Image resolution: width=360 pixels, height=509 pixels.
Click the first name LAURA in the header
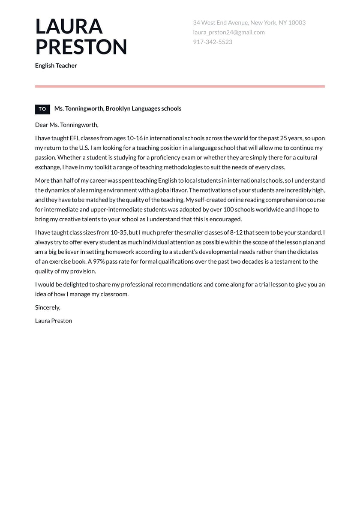pyautogui.click(x=69, y=27)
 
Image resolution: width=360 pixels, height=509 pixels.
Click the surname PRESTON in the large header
pyautogui.click(x=81, y=47)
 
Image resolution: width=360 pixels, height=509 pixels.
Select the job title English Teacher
pyautogui.click(x=56, y=66)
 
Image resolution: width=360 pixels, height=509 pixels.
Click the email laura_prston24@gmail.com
pyautogui.click(x=229, y=32)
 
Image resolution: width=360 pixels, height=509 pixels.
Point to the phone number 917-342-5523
pyautogui.click(x=213, y=42)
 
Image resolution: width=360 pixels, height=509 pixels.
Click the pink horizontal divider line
pyautogui.click(x=180, y=86)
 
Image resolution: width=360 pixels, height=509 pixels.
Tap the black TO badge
pyautogui.click(x=42, y=109)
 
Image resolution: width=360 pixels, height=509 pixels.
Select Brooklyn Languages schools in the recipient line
pyautogui.click(x=144, y=108)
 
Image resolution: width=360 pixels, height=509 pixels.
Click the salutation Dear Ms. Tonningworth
pyautogui.click(x=67, y=125)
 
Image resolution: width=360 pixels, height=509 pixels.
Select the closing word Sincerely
pyautogui.click(x=48, y=307)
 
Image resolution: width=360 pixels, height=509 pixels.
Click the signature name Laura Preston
pyautogui.click(x=54, y=321)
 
